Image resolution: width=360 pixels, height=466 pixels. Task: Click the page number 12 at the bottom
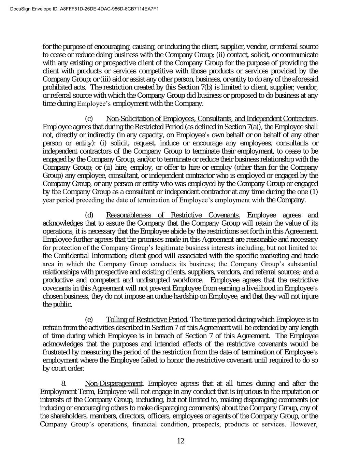[x=181, y=441]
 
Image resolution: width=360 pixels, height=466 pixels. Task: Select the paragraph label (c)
[x=89, y=119]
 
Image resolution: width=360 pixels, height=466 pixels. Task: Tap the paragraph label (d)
[x=89, y=215]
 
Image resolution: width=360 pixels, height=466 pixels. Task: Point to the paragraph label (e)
[x=89, y=320]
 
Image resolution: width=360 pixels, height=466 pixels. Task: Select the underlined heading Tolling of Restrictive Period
[x=146, y=320]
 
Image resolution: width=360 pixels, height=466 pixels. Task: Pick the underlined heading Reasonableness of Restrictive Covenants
[x=173, y=215]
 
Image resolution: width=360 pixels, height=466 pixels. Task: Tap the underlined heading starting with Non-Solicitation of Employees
[x=211, y=119]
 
